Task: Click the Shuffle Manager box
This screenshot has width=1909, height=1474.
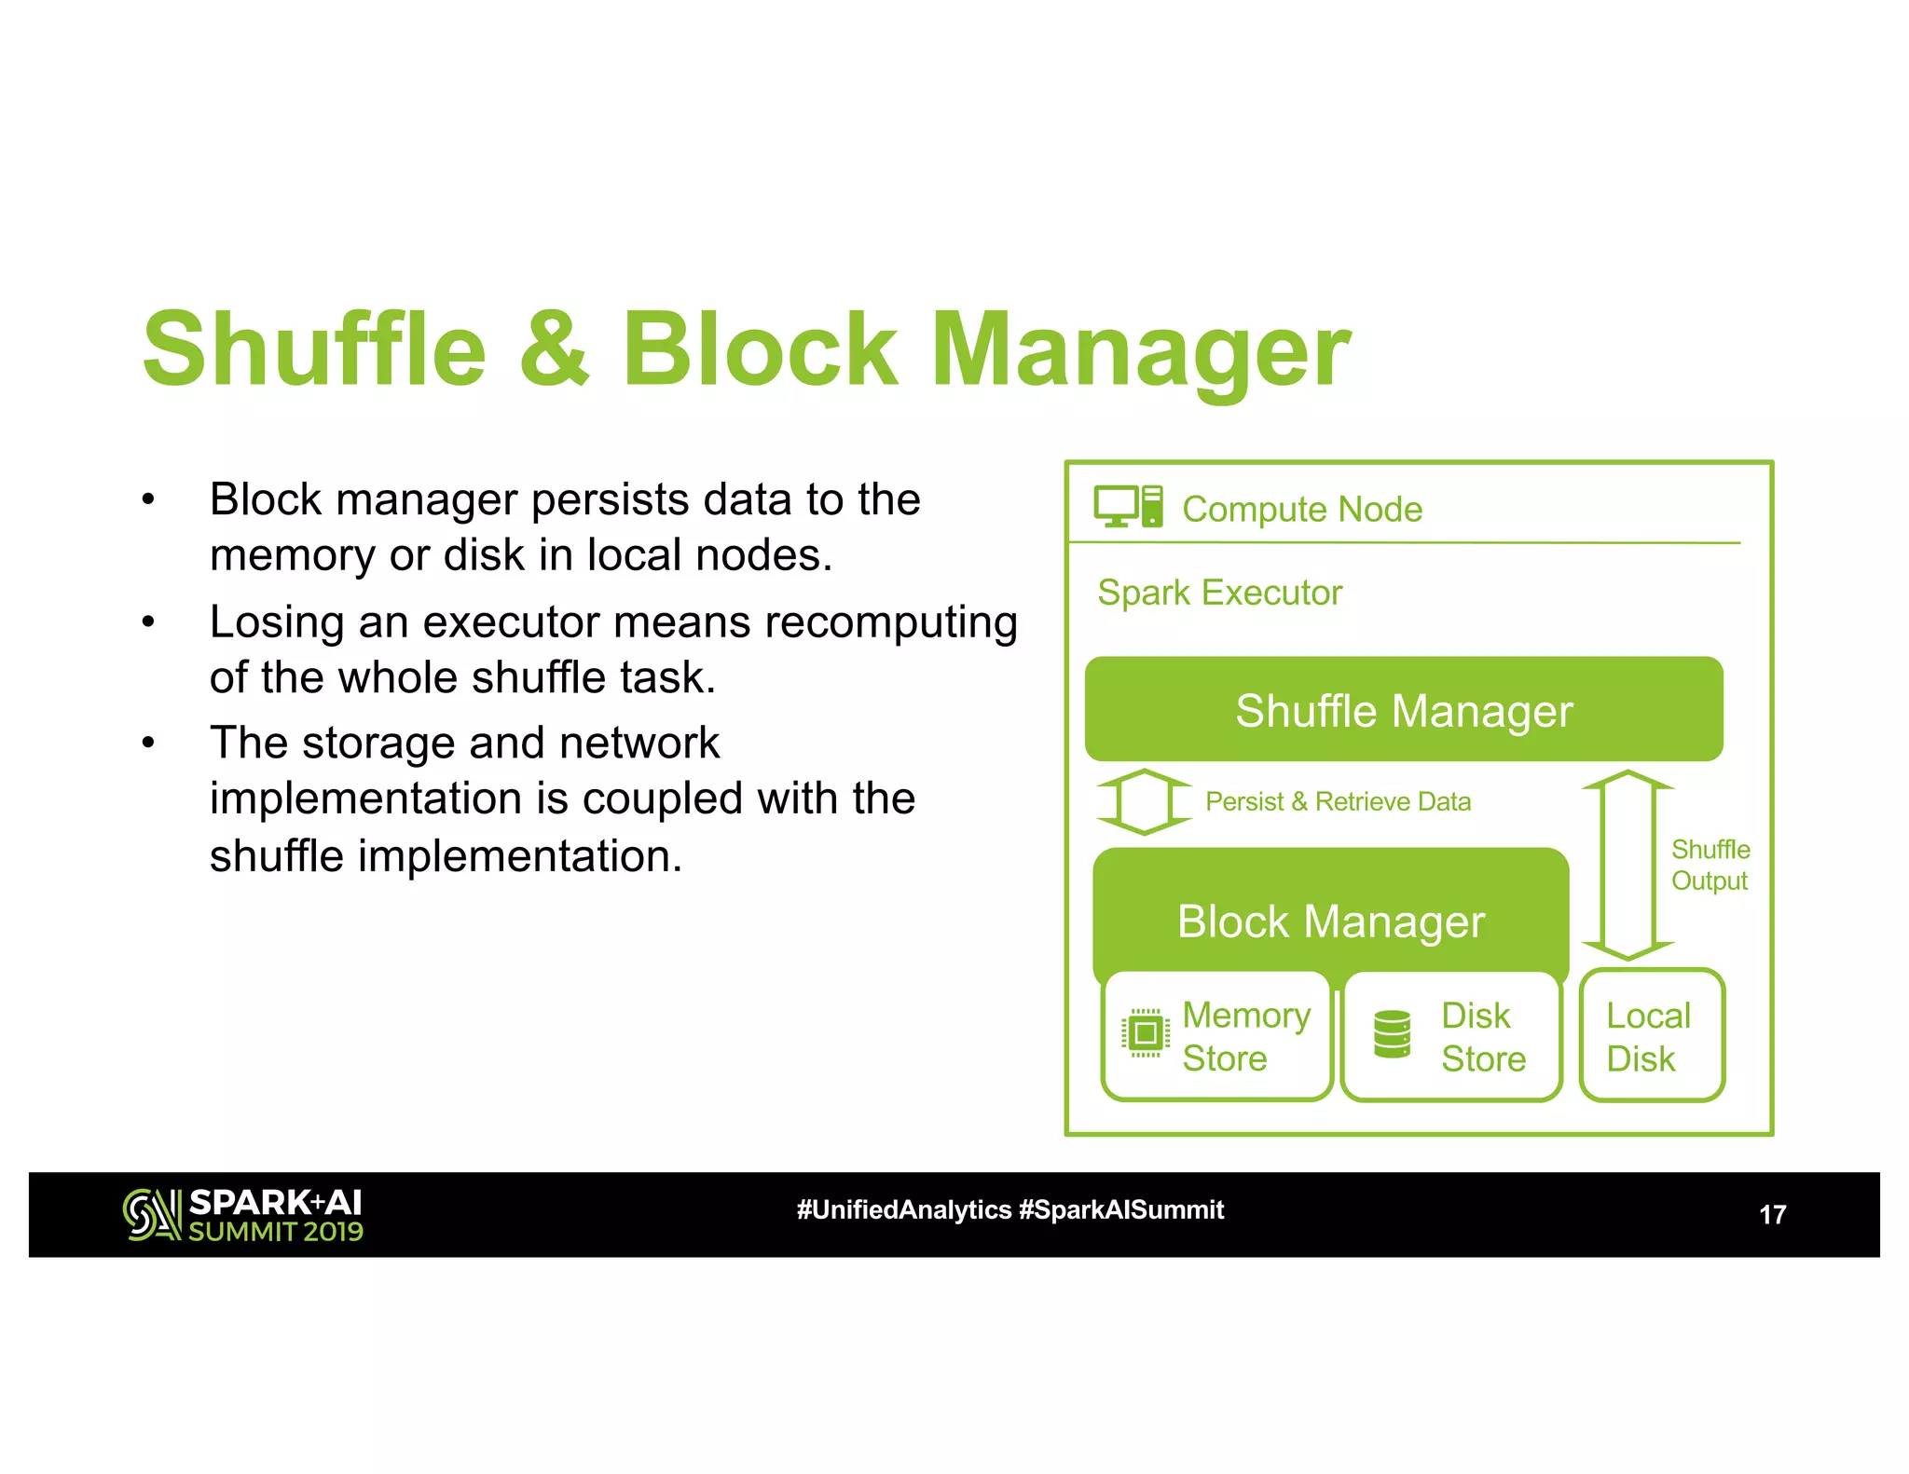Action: (x=1404, y=709)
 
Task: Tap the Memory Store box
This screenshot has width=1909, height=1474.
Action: (x=1216, y=1036)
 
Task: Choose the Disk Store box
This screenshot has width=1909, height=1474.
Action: (x=1451, y=1036)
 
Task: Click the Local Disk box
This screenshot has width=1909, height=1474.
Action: (x=1652, y=1036)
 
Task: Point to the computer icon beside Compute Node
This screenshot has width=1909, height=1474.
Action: (x=1128, y=507)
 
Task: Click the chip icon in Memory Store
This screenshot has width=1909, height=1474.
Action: (x=1146, y=1033)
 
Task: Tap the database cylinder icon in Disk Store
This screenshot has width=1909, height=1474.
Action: (x=1393, y=1034)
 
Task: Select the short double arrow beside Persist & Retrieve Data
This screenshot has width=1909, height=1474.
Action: (x=1144, y=801)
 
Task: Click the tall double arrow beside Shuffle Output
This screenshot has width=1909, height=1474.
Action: (x=1627, y=865)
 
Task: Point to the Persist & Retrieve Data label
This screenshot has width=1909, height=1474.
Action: (x=1338, y=801)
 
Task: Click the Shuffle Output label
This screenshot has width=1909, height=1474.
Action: (x=1710, y=865)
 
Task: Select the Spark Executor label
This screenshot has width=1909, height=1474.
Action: (x=1219, y=593)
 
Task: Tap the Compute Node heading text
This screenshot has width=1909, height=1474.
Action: (x=1302, y=510)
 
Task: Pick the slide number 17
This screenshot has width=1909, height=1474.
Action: (x=1772, y=1214)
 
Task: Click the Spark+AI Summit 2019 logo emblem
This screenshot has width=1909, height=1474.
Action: (x=151, y=1214)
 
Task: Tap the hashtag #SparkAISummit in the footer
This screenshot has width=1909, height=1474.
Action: (x=1121, y=1210)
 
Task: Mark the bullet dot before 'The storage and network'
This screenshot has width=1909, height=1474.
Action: (x=148, y=744)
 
